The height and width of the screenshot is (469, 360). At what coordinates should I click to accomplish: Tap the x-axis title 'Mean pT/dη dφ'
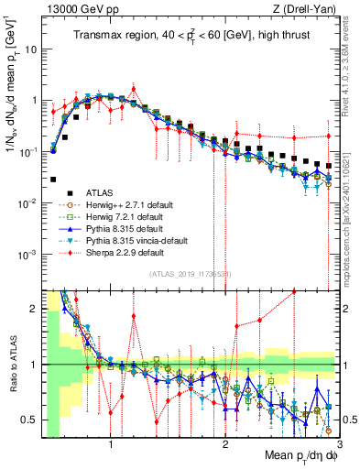tap(289, 455)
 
